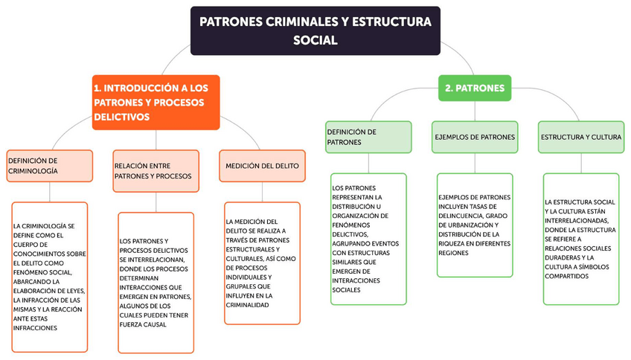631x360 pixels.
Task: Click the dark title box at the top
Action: coord(315,30)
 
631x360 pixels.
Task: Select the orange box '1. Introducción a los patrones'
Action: coord(156,102)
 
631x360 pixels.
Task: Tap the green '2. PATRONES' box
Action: coord(475,88)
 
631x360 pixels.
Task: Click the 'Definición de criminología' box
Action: coord(50,166)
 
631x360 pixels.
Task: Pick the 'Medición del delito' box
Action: coord(263,166)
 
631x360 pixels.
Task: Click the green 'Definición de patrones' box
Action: coord(368,137)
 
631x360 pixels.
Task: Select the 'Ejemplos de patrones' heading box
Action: coord(475,137)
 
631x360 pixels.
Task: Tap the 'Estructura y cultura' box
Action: coord(580,137)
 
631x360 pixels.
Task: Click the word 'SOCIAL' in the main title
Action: coord(315,40)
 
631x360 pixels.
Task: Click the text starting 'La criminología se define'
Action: coord(50,276)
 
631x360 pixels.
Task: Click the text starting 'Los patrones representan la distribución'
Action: coord(368,238)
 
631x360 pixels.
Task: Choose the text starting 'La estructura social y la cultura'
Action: coord(580,238)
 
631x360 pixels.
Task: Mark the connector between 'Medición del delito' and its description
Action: coord(263,191)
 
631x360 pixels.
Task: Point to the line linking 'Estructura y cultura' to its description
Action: coord(580,163)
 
